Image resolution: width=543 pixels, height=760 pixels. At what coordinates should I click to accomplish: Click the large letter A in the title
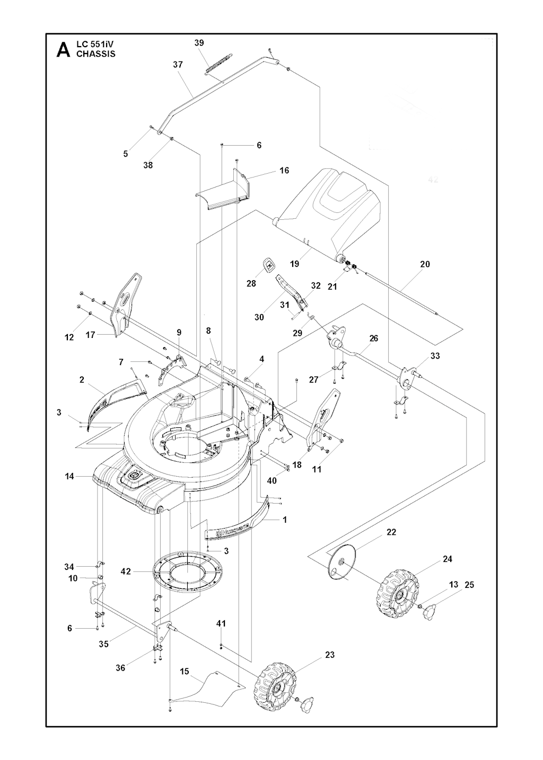click(x=63, y=49)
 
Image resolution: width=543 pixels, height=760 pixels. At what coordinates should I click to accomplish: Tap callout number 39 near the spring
click(x=199, y=43)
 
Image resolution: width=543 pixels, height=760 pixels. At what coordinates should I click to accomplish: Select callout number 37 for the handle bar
click(x=178, y=65)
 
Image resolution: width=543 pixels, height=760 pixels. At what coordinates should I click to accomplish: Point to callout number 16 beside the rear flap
click(x=284, y=171)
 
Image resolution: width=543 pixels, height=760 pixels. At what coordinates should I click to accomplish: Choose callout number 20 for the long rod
click(x=425, y=264)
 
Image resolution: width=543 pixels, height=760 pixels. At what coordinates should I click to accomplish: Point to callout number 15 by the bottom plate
click(x=185, y=672)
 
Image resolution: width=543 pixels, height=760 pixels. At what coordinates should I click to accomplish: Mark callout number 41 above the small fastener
click(x=221, y=623)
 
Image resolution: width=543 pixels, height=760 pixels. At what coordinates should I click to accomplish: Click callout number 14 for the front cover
click(x=69, y=476)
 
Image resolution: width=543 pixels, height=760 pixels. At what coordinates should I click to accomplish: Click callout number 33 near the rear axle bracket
click(x=435, y=356)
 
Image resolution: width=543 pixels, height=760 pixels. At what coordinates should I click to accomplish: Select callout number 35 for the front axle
click(x=103, y=644)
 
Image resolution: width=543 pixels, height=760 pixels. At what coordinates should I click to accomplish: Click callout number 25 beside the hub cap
click(x=469, y=585)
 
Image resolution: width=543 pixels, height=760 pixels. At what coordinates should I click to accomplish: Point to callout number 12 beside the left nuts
click(x=69, y=337)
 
